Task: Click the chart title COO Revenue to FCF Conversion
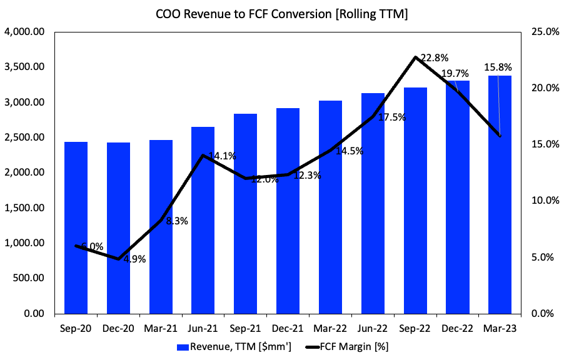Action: pyautogui.click(x=281, y=14)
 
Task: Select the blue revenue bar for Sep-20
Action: pyautogui.click(x=76, y=227)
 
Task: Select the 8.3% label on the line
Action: pyautogui.click(x=177, y=221)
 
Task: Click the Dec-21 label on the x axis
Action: pyautogui.click(x=288, y=327)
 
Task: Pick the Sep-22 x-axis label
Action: pyautogui.click(x=415, y=327)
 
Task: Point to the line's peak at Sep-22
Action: pyautogui.click(x=415, y=57)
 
